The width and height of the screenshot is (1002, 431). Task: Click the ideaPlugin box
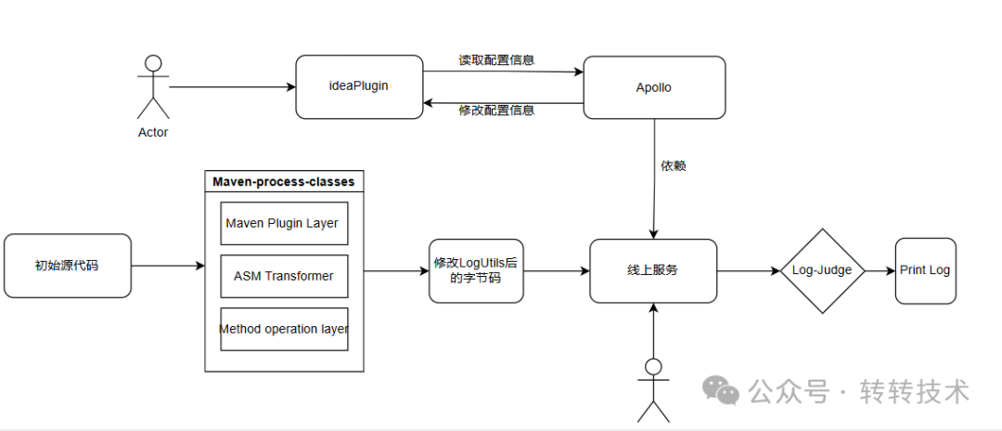pos(359,87)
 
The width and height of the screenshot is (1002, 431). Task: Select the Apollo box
pos(654,87)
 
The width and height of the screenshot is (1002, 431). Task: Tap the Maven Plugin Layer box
pos(285,223)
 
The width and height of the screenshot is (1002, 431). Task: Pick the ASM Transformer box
pos(285,276)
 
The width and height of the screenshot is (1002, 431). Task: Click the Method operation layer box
pos(285,330)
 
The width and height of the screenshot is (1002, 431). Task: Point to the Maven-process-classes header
pos(284,181)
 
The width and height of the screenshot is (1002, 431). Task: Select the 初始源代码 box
pos(67,266)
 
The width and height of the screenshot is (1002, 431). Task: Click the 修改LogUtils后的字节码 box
pos(476,271)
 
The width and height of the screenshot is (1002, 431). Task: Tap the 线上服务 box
pos(653,271)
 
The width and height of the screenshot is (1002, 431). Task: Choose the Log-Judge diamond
pos(822,271)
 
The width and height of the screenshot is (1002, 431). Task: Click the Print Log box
pos(925,271)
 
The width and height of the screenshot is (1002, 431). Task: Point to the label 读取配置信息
pos(496,60)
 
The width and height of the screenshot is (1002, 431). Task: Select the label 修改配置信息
pos(496,110)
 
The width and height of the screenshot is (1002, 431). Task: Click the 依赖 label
pos(674,166)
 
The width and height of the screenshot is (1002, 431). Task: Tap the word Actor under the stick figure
pos(153,133)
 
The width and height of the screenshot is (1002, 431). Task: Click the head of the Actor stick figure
pos(153,63)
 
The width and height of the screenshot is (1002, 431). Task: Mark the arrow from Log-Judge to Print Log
pos(880,271)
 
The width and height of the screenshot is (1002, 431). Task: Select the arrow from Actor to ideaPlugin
pos(232,87)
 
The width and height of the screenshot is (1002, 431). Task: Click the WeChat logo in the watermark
pos(722,389)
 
